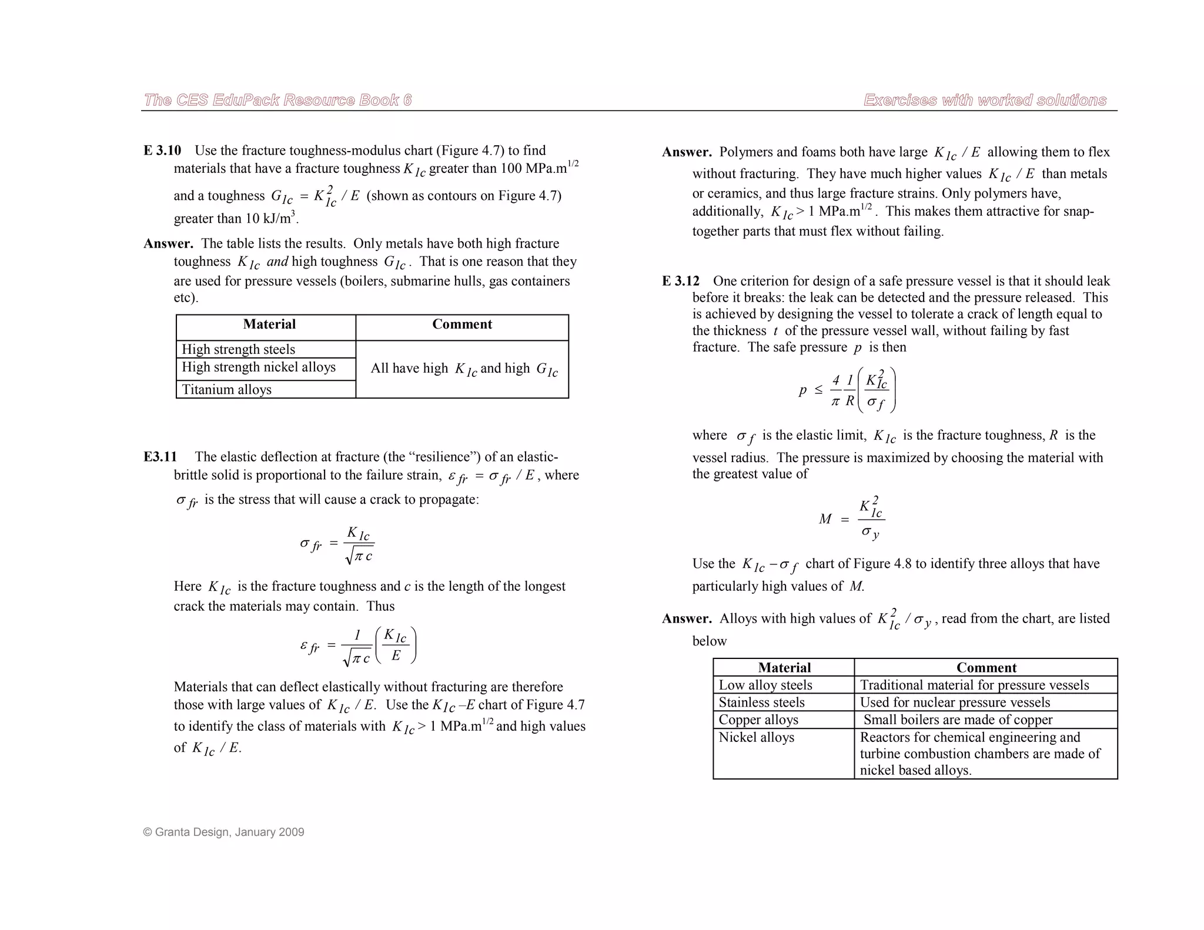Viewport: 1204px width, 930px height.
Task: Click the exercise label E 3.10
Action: click(162, 150)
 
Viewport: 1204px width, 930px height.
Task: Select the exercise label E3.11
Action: click(160, 457)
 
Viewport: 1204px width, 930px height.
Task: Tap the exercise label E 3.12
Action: click(681, 281)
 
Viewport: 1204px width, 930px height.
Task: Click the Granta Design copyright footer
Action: click(223, 832)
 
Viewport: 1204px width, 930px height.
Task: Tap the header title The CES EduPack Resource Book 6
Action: click(277, 100)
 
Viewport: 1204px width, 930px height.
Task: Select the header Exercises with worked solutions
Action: click(985, 100)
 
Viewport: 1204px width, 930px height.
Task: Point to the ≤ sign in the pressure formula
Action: click(818, 390)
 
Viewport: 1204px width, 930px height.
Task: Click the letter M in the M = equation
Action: click(825, 519)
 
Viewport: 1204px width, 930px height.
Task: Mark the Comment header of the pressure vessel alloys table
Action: click(986, 668)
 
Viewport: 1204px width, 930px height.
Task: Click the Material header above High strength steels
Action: click(269, 325)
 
